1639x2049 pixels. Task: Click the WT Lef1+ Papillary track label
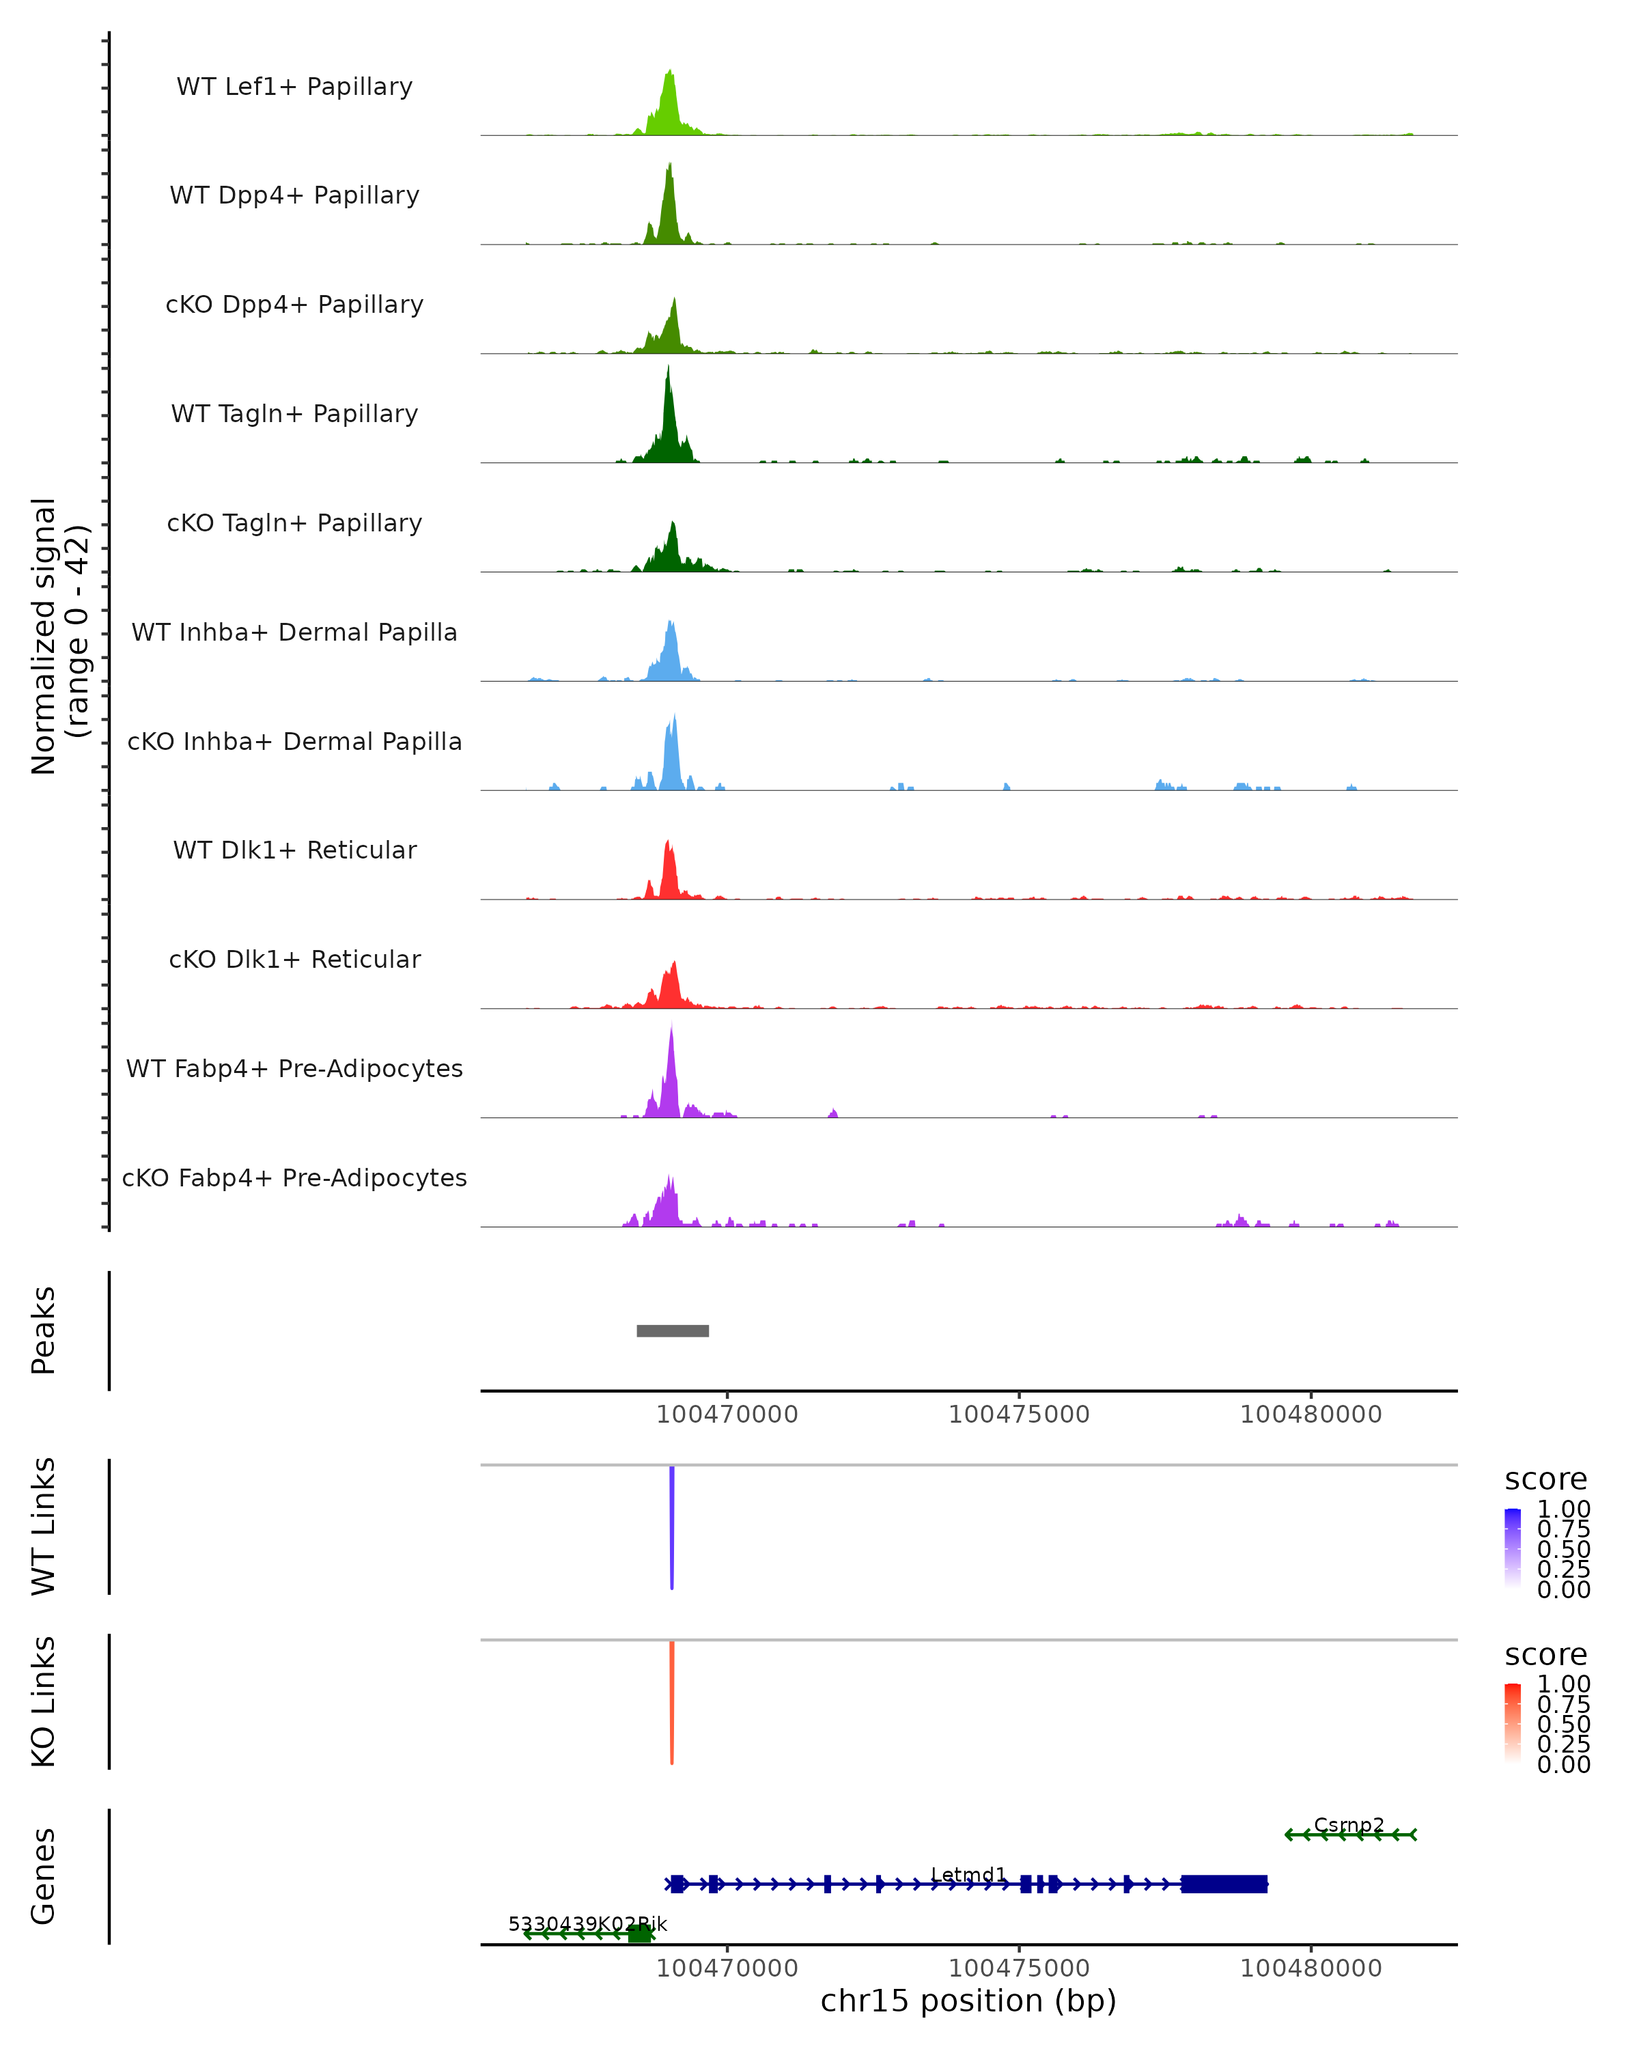click(x=294, y=87)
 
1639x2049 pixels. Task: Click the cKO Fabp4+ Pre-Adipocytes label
click(x=294, y=1177)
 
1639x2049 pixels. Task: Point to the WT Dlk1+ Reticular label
click(x=294, y=850)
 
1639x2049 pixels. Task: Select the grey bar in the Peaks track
click(x=673, y=1330)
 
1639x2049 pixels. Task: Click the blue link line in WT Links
click(x=672, y=1525)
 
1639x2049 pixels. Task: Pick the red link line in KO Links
click(x=672, y=1701)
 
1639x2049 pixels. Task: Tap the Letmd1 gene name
click(x=968, y=1874)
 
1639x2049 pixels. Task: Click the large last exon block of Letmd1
click(x=1224, y=1884)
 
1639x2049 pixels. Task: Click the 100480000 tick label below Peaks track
click(x=1311, y=1414)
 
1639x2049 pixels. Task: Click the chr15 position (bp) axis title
click(x=968, y=2001)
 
